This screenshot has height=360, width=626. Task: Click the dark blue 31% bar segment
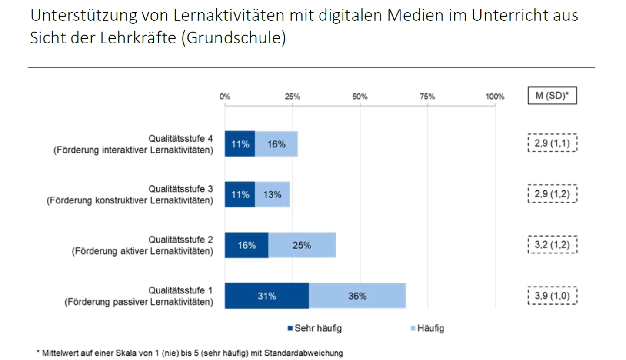click(266, 296)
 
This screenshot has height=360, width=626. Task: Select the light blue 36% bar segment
click(357, 296)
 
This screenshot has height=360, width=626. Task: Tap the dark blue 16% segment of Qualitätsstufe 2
click(246, 245)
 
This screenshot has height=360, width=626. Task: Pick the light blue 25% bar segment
click(302, 245)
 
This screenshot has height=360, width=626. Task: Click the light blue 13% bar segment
click(272, 194)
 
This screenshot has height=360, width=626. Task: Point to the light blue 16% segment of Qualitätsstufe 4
click(276, 144)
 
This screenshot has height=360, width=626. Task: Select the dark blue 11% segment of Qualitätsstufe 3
click(240, 194)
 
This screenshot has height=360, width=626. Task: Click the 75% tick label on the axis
click(427, 97)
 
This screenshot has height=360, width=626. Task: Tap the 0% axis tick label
click(225, 97)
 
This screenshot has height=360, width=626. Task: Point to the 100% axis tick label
click(495, 97)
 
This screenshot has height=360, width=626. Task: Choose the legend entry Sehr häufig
click(314, 328)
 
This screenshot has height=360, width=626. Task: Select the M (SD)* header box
click(552, 96)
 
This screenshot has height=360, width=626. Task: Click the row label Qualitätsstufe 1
click(180, 290)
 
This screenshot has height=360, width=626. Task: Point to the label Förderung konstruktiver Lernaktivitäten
click(130, 201)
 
